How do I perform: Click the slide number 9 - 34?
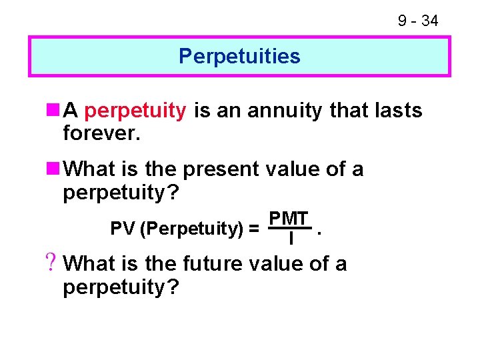coord(418,21)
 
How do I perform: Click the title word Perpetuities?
coord(239,56)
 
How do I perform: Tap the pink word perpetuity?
coord(136,110)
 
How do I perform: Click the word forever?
coord(101,134)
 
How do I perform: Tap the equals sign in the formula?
coord(254,229)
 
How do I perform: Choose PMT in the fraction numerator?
coord(288,219)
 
